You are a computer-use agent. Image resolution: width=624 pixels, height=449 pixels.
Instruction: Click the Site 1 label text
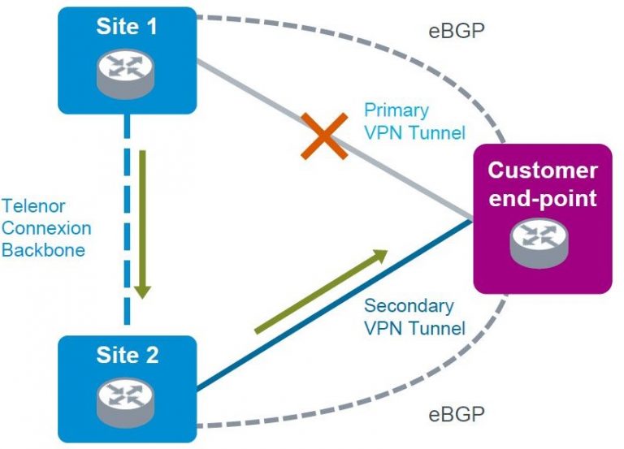tap(127, 26)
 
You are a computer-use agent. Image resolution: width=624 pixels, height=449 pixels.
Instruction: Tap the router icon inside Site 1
tap(127, 71)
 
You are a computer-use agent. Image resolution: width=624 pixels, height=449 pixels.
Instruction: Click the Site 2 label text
tap(127, 355)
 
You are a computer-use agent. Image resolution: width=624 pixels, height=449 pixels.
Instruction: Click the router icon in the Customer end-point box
tap(542, 242)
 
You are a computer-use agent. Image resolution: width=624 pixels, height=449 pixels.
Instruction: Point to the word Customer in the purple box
tap(542, 171)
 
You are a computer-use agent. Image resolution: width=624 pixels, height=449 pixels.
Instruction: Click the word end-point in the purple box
tap(542, 196)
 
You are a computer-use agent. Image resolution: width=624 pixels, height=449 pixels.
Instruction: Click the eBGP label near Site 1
tap(457, 32)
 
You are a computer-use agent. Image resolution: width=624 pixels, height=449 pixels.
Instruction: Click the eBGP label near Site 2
tap(457, 415)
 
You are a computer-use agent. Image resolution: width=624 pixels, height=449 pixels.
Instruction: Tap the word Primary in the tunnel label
tap(396, 109)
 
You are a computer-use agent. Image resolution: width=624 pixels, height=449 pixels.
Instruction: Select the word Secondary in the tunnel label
tap(409, 306)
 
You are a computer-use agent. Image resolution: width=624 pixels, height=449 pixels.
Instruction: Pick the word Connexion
tap(46, 228)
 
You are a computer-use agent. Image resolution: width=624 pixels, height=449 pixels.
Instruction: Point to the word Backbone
tap(43, 250)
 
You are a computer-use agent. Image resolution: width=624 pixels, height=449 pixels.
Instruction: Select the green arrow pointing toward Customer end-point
tap(321, 292)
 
